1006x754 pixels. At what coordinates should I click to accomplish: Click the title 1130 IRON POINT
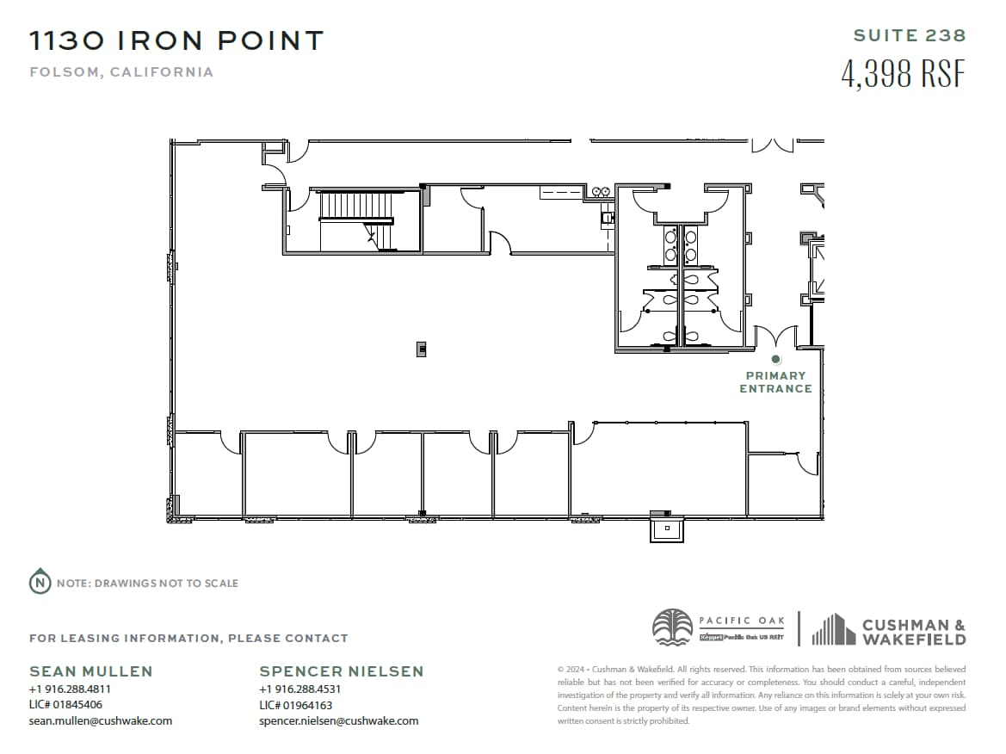[176, 40]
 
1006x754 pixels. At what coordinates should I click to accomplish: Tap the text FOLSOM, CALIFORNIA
[121, 72]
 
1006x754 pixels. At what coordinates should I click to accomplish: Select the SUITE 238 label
[910, 36]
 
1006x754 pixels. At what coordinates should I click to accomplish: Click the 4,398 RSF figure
[903, 74]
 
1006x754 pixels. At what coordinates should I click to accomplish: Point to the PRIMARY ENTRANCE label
[775, 382]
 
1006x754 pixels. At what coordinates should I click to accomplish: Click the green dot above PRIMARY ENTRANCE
[775, 359]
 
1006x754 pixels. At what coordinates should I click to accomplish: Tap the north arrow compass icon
[40, 583]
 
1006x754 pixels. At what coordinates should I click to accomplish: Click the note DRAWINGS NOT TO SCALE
[147, 584]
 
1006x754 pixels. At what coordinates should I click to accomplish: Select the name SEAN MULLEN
[91, 671]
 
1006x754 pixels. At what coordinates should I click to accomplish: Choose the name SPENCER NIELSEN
[342, 671]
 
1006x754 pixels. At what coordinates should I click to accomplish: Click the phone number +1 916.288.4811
[70, 689]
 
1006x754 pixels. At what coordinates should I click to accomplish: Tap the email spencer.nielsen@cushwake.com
[338, 721]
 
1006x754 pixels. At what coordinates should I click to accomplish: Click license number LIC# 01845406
[65, 705]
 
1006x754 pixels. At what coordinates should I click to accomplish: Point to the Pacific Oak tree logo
[672, 627]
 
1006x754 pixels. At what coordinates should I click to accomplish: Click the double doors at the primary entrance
[775, 337]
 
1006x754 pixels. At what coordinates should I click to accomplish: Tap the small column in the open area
[422, 349]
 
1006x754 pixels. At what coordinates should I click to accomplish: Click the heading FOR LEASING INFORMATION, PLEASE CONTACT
[188, 639]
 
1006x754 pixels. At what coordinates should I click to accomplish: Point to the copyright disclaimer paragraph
[761, 695]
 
